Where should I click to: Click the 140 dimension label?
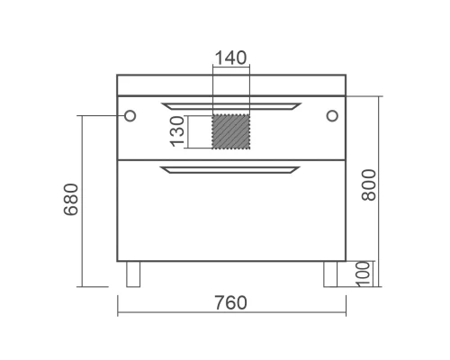point(231,58)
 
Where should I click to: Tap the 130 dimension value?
point(177,131)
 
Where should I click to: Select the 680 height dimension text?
point(71,199)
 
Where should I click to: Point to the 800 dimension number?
point(369,184)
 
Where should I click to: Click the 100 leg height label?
point(363,274)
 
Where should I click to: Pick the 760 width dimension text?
point(230,302)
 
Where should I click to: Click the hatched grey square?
point(231,131)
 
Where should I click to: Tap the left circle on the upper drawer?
point(130,116)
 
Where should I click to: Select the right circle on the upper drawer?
point(332,116)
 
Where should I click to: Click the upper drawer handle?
point(231,106)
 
